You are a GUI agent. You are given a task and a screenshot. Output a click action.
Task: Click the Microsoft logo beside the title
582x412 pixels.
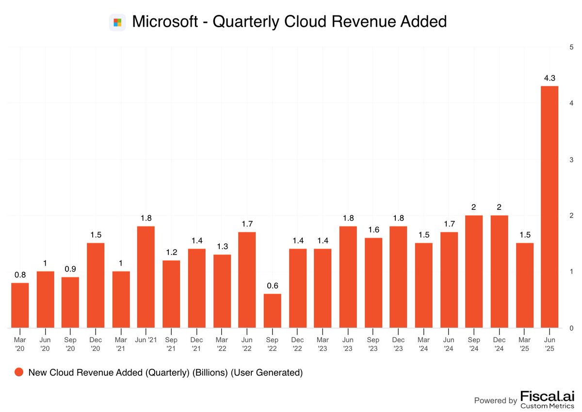117,22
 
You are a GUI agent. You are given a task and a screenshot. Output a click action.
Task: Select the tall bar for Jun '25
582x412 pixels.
550,207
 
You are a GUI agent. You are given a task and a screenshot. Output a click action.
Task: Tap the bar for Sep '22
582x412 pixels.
272,311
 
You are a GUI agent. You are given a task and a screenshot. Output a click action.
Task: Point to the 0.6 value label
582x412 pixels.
272,285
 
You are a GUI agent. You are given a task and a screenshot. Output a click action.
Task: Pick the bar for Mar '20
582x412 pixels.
20,305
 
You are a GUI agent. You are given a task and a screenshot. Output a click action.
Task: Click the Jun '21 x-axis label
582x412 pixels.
146,339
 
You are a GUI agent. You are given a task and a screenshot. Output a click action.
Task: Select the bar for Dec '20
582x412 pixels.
96,285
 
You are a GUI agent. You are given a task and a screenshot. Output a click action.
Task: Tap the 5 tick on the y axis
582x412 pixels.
572,47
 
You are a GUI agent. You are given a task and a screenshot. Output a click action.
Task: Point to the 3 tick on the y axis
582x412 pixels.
572,159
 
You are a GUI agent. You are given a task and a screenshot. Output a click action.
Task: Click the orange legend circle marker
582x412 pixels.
19,372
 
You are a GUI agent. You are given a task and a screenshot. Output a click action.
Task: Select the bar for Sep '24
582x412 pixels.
474,271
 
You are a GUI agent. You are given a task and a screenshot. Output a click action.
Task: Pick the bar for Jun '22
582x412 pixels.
247,280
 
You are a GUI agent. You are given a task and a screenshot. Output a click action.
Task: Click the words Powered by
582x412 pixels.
495,400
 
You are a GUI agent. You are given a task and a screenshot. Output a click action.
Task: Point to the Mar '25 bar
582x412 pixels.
524,285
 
